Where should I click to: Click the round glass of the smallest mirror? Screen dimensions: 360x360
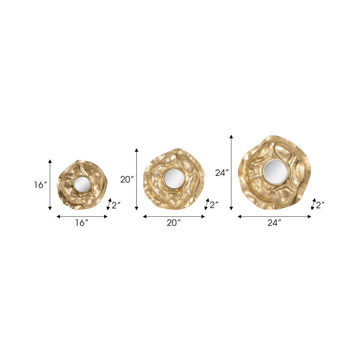coord(82,184)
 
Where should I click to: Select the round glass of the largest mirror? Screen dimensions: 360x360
coord(274,171)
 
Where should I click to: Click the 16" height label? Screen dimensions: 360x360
coord(40,185)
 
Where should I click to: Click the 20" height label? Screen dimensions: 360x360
coord(127,180)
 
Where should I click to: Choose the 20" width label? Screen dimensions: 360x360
coord(174,223)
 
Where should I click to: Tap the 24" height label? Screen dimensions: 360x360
coord(222,172)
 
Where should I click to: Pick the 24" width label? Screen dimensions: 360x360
coord(274,223)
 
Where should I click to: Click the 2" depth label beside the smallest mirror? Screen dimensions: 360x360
coord(116,205)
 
